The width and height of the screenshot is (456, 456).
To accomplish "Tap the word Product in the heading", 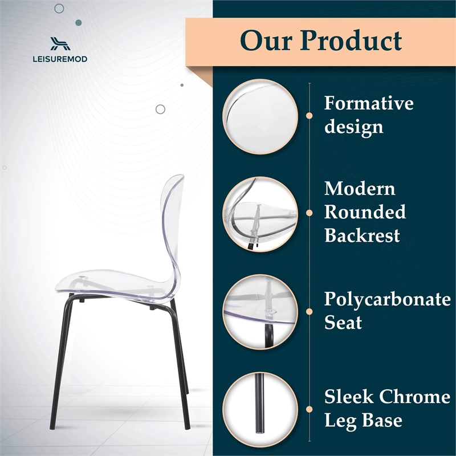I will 351,40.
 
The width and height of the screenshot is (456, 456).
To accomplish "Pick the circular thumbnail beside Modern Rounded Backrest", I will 260,212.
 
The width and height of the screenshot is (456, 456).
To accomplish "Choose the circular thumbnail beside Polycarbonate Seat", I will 260,310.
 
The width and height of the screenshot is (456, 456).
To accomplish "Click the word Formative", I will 369,104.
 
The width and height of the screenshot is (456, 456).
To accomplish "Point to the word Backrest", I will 362,235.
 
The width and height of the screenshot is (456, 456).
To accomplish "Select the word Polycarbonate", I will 387,299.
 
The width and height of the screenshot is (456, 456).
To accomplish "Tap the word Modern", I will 360,188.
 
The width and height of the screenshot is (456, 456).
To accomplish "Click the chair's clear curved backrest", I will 171,228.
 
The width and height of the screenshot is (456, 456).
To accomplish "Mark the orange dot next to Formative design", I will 309,115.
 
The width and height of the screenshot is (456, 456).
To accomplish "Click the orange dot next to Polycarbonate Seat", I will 309,310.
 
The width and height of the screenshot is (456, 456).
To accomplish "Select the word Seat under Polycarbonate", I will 343,323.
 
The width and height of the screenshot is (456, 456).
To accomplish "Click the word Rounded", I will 365,212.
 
